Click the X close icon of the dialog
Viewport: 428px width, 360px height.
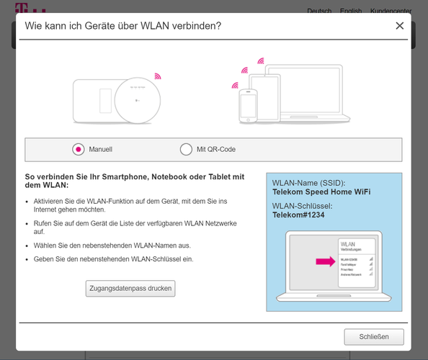point(399,26)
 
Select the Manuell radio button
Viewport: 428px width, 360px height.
point(79,150)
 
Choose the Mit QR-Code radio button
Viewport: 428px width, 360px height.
point(186,150)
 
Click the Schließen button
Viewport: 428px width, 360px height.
point(373,337)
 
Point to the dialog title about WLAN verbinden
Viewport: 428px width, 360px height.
point(123,26)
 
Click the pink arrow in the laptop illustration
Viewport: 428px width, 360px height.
point(325,261)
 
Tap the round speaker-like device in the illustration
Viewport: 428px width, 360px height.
point(133,99)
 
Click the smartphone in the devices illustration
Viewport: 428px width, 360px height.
point(248,106)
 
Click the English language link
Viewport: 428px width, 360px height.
point(351,12)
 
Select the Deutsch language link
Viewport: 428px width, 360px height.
point(319,12)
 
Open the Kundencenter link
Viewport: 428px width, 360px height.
point(391,12)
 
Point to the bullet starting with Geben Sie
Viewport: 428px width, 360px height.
point(113,258)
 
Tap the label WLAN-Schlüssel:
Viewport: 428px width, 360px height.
point(302,206)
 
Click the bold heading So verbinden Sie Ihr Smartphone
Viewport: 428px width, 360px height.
point(135,181)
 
